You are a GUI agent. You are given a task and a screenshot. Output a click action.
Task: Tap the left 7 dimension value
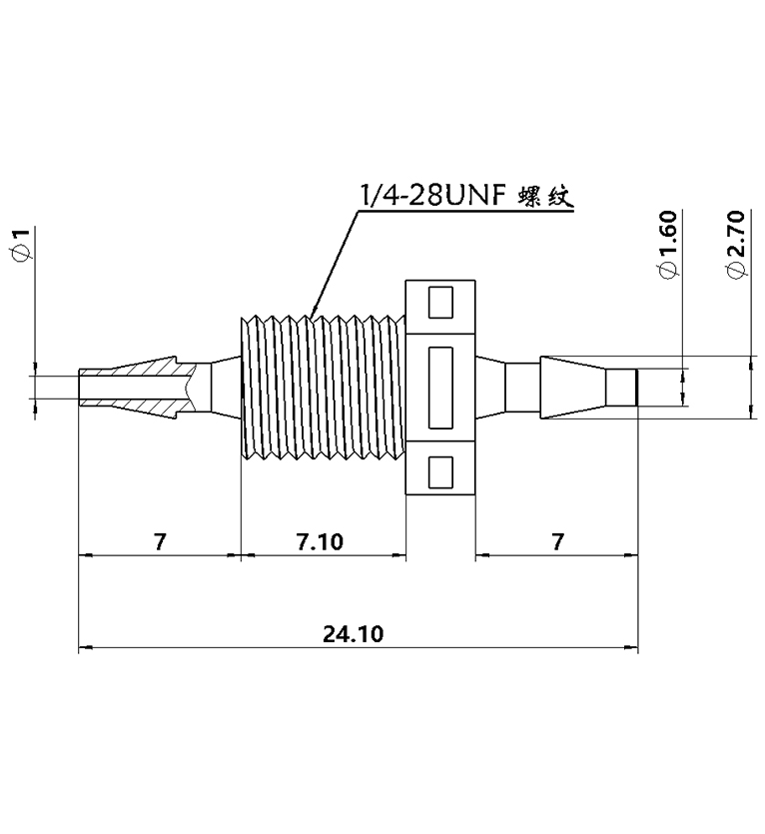pyautogui.click(x=159, y=541)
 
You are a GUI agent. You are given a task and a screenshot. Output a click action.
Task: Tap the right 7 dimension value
pyautogui.click(x=557, y=541)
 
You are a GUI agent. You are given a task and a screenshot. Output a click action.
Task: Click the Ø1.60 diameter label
pyautogui.click(x=668, y=246)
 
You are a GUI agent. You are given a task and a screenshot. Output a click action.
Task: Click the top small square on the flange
pyautogui.click(x=440, y=301)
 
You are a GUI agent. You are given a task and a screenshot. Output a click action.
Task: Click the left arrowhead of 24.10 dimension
pyautogui.click(x=84, y=648)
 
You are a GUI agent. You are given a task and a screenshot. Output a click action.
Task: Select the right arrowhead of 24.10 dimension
pyautogui.click(x=633, y=648)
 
